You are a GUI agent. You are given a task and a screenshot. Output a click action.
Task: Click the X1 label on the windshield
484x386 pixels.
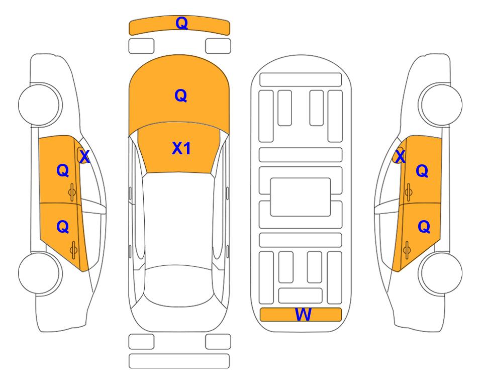(x=181, y=148)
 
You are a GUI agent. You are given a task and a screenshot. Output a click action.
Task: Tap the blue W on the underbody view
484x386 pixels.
(x=303, y=315)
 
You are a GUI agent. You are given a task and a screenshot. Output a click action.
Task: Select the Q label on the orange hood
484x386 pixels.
(x=181, y=95)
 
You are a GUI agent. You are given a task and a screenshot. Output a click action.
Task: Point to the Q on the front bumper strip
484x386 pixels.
(x=182, y=23)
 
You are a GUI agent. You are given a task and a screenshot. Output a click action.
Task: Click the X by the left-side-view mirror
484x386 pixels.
(x=84, y=156)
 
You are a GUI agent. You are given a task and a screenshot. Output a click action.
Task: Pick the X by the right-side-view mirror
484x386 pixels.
(x=400, y=156)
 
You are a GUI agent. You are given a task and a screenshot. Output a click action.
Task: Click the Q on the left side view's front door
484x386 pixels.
(x=63, y=170)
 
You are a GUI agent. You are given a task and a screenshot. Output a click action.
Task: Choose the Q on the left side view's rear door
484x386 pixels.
(x=63, y=227)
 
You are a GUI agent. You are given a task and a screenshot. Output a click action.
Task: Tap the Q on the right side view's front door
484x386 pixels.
(x=422, y=171)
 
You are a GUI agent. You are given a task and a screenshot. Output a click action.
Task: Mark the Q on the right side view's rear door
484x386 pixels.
(x=424, y=227)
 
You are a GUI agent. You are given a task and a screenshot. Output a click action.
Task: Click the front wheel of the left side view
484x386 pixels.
(x=40, y=105)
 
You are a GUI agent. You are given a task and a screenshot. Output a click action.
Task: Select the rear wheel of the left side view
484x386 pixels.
(x=40, y=273)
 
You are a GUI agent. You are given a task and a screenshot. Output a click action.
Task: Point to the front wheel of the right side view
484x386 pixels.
(x=441, y=105)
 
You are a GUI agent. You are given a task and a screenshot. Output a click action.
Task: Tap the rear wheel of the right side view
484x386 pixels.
(x=441, y=273)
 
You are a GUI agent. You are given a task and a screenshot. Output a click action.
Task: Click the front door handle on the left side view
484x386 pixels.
(x=72, y=192)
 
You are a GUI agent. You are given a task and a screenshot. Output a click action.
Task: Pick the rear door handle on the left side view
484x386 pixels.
(x=73, y=250)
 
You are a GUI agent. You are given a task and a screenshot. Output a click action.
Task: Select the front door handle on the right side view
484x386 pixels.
(x=408, y=192)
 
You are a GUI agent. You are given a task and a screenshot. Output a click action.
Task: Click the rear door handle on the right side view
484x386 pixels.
(x=407, y=250)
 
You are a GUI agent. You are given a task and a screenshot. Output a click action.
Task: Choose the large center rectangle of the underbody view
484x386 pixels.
(x=301, y=197)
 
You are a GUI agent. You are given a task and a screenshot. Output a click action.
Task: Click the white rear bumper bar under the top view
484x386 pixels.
(x=179, y=361)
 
